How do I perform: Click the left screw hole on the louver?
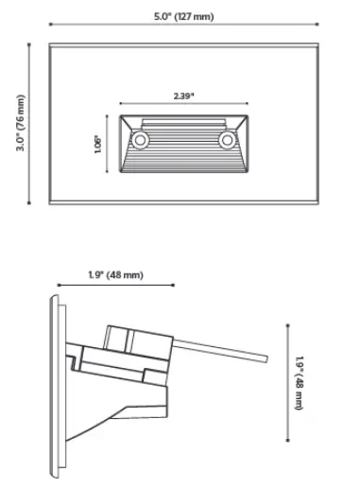tap(141, 140)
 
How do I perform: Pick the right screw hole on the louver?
tap(227, 140)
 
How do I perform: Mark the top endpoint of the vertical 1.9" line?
tap(286, 322)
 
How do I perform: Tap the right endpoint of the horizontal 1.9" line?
tap(174, 284)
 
